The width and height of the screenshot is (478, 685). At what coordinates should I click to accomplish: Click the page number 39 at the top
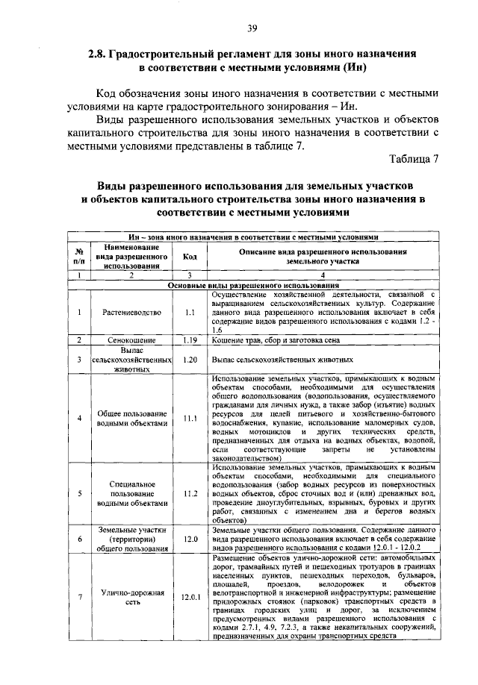(252, 28)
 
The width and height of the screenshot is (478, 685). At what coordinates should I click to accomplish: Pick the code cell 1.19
(190, 340)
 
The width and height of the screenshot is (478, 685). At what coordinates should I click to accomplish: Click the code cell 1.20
(190, 359)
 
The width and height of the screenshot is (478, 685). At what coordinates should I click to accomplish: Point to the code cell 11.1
(190, 418)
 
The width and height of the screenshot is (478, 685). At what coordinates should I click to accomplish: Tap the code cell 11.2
(190, 494)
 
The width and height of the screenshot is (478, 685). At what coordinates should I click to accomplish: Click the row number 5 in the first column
(78, 494)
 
